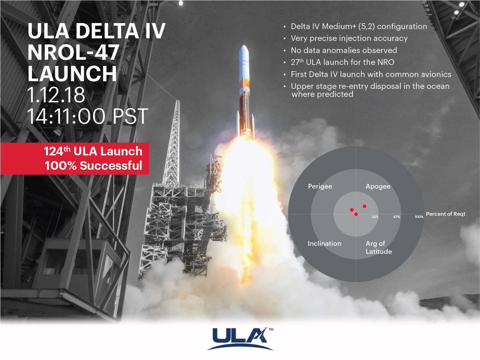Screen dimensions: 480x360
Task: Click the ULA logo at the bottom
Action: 240,338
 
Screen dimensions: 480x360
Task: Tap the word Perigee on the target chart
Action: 320,186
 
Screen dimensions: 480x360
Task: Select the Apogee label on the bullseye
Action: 378,186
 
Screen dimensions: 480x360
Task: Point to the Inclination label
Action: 324,244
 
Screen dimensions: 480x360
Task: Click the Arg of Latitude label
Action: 378,248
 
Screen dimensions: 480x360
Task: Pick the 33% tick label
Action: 375,217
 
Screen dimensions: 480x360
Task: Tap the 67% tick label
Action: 397,217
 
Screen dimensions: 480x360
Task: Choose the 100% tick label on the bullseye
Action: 419,217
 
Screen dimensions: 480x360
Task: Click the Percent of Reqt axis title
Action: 446,214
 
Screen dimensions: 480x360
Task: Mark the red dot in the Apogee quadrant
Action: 364,206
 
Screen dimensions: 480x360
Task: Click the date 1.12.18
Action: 56,95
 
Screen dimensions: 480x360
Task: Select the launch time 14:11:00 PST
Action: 88,116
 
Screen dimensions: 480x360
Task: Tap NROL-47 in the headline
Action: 73,52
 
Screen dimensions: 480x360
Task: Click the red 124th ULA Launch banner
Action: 74,158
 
